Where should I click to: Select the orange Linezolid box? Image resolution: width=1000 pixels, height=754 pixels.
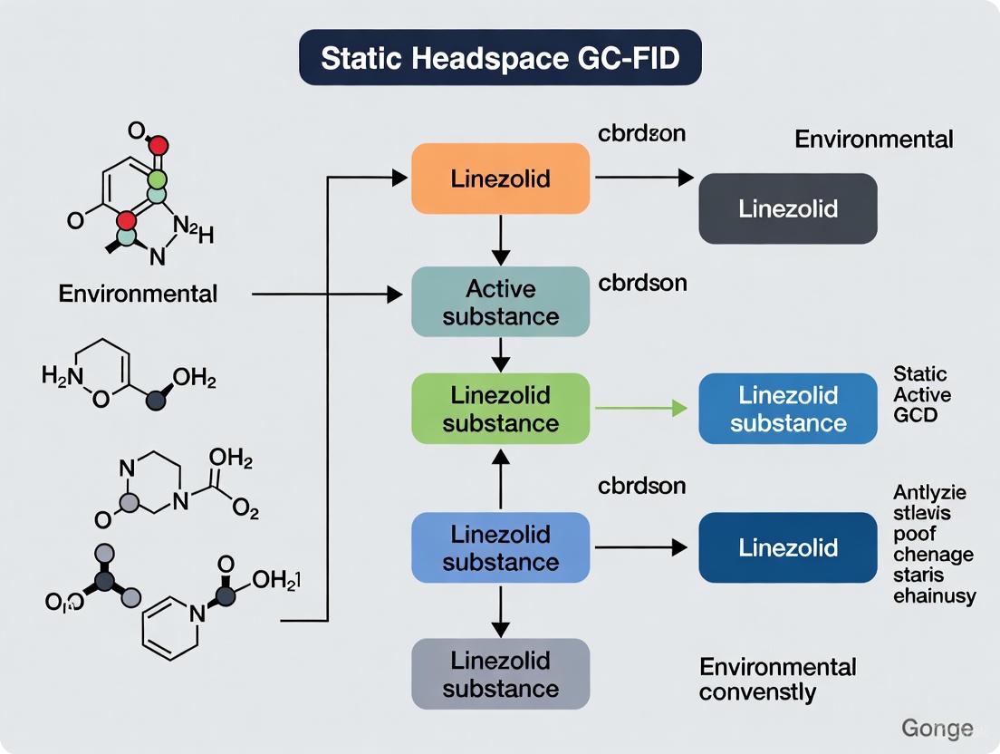pyautogui.click(x=500, y=179)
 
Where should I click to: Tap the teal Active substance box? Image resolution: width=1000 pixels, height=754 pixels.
pyautogui.click(x=500, y=303)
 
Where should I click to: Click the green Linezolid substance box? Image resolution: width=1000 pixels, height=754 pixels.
pyautogui.click(x=500, y=409)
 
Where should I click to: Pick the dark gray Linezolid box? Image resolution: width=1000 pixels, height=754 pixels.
pyautogui.click(x=787, y=208)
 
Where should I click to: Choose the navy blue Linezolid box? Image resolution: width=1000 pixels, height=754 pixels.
pyautogui.click(x=787, y=547)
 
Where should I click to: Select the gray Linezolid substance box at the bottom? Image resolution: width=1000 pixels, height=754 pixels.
pyautogui.click(x=500, y=673)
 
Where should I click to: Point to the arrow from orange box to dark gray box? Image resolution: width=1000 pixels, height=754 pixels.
pyautogui.click(x=643, y=179)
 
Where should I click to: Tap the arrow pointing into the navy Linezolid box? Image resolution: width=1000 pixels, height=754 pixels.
pyautogui.click(x=643, y=547)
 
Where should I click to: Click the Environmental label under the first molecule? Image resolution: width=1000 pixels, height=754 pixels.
pyautogui.click(x=138, y=294)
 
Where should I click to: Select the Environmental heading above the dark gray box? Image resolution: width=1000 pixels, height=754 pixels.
pyautogui.click(x=873, y=140)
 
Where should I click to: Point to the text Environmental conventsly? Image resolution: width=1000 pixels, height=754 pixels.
pyautogui.click(x=777, y=680)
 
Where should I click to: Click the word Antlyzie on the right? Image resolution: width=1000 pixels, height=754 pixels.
pyautogui.click(x=929, y=493)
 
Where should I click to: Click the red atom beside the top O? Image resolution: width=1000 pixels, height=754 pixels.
pyautogui.click(x=159, y=144)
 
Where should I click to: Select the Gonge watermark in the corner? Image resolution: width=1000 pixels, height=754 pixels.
pyautogui.click(x=937, y=728)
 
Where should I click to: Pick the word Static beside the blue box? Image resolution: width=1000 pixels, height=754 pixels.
pyautogui.click(x=919, y=374)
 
